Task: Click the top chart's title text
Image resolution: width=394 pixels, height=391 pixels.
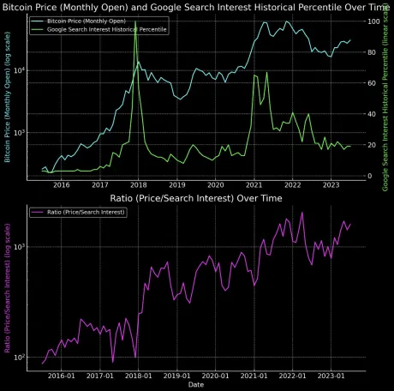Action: (197, 6)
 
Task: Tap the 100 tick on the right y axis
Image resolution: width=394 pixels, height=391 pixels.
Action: (373, 21)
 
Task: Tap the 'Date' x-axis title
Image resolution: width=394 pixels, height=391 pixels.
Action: (198, 385)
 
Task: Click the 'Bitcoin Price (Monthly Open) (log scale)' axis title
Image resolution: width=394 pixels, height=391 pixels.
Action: (8, 97)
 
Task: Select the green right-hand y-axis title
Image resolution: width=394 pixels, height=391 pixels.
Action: (386, 97)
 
